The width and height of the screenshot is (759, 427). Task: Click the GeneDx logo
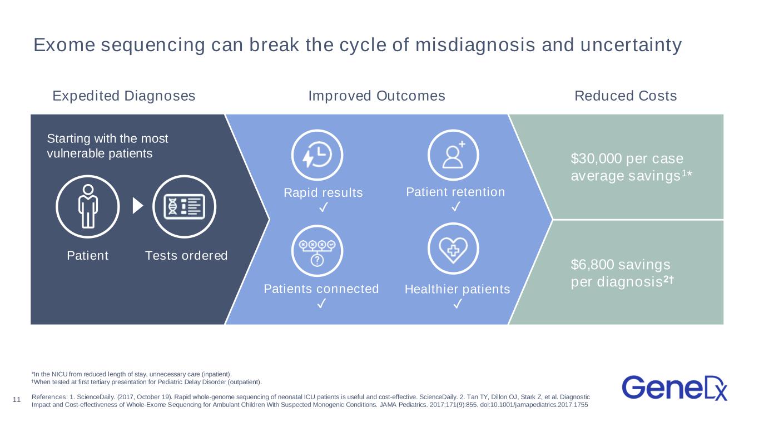[674, 388]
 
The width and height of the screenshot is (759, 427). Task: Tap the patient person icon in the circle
[88, 206]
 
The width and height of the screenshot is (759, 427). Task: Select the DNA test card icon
[185, 206]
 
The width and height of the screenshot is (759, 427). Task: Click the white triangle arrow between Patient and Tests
[138, 206]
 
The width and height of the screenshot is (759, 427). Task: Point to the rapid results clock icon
[317, 155]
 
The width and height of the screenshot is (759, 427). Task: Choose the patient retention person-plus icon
[453, 155]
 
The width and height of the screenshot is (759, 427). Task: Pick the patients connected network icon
[317, 253]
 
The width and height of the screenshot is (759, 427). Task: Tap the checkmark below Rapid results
[324, 207]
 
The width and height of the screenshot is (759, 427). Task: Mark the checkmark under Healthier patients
[458, 304]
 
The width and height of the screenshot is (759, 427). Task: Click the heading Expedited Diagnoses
[124, 96]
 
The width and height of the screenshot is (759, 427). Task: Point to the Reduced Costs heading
[626, 96]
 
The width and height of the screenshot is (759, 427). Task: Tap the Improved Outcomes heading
[377, 96]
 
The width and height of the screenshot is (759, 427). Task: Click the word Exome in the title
[65, 44]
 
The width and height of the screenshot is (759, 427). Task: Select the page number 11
[17, 400]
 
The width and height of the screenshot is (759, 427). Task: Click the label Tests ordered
[186, 256]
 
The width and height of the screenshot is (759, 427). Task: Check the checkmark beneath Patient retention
[456, 206]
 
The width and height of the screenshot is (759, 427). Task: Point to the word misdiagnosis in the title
[475, 46]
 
